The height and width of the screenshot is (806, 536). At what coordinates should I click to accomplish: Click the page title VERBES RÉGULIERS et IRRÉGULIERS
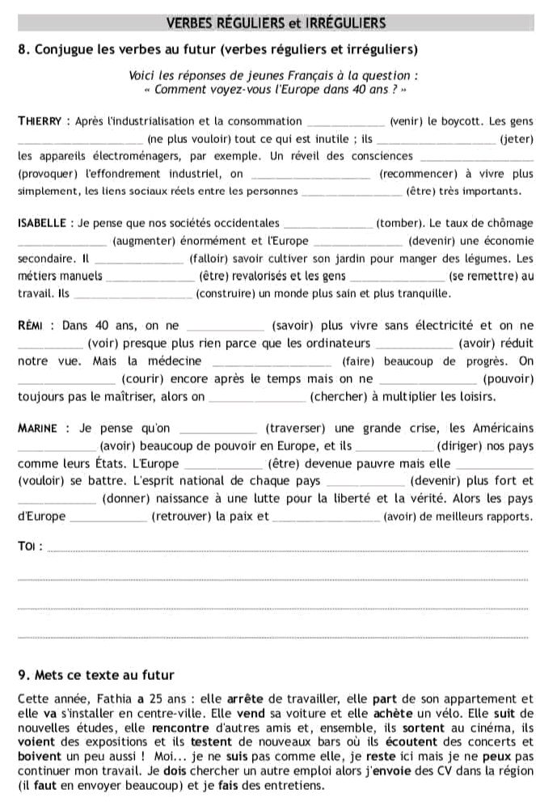275,23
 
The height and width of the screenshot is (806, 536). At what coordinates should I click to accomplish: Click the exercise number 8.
21,49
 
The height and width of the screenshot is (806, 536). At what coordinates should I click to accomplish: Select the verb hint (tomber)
397,223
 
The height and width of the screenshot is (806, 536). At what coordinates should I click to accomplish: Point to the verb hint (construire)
232,293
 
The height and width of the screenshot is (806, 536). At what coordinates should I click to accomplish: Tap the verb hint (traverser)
293,428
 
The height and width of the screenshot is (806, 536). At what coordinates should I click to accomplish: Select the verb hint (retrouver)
181,516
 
